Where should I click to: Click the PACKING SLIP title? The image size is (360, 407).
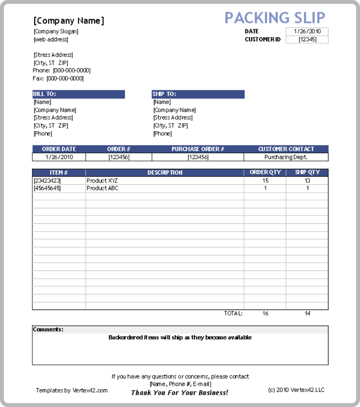click(275, 18)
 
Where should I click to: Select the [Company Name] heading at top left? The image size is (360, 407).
click(69, 21)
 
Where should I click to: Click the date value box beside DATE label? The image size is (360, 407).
click(307, 32)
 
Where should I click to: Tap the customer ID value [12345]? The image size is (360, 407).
click(307, 39)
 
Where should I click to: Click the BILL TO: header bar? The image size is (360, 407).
click(78, 94)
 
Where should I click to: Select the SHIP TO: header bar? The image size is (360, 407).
click(198, 94)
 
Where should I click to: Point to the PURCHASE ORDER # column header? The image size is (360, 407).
click(198, 149)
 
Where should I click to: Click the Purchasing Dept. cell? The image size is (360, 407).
click(286, 157)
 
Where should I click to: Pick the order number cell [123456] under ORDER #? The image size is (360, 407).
click(118, 157)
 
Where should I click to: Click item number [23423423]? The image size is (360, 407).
click(47, 180)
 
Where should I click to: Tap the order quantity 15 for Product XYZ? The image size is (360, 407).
click(265, 180)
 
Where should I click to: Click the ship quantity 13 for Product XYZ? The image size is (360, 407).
click(307, 180)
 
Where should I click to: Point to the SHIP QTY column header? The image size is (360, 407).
click(307, 172)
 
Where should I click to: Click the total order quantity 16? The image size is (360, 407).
click(265, 313)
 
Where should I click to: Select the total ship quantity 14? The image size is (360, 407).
click(307, 313)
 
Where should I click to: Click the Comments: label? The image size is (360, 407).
click(48, 330)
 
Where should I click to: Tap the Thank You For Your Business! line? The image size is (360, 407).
click(180, 393)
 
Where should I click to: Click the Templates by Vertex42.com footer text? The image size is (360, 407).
click(72, 390)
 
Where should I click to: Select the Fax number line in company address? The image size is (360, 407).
click(58, 78)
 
